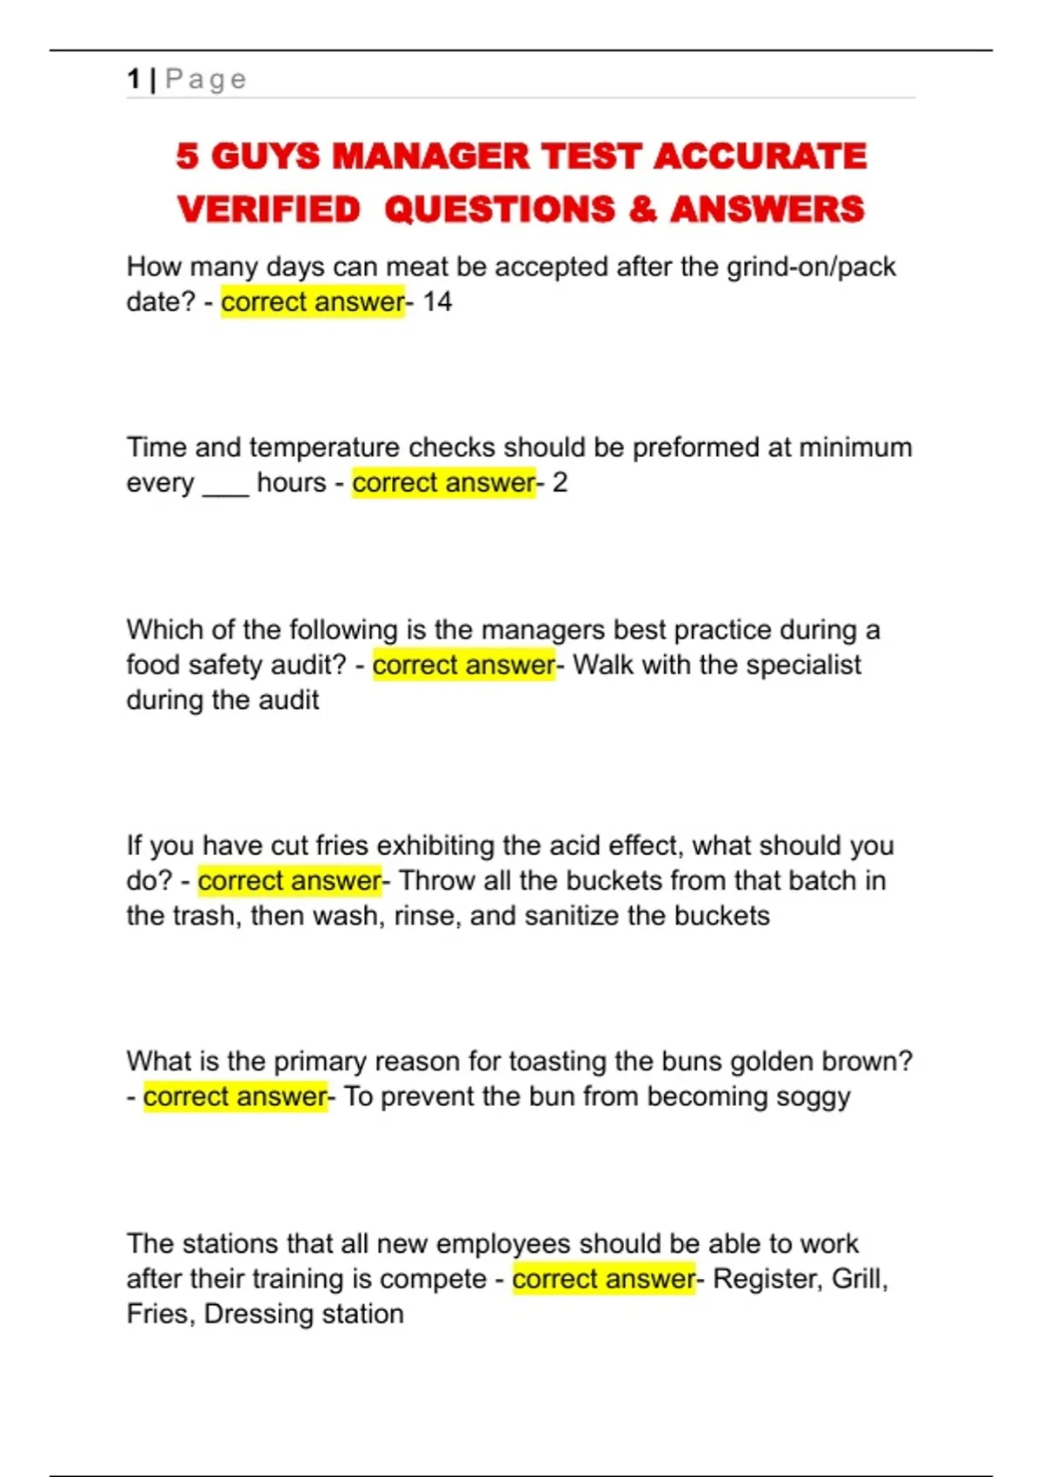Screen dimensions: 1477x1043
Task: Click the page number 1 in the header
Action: point(133,79)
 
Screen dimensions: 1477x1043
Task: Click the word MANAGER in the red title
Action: point(430,156)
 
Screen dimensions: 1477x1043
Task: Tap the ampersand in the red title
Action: point(642,209)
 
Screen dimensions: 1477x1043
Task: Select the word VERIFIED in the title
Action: point(269,209)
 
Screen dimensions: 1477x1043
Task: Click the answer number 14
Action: point(437,302)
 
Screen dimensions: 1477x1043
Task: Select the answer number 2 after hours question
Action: point(560,483)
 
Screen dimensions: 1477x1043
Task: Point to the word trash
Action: point(202,916)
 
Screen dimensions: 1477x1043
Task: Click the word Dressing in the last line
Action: point(258,1314)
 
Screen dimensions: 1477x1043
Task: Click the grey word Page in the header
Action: point(206,79)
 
